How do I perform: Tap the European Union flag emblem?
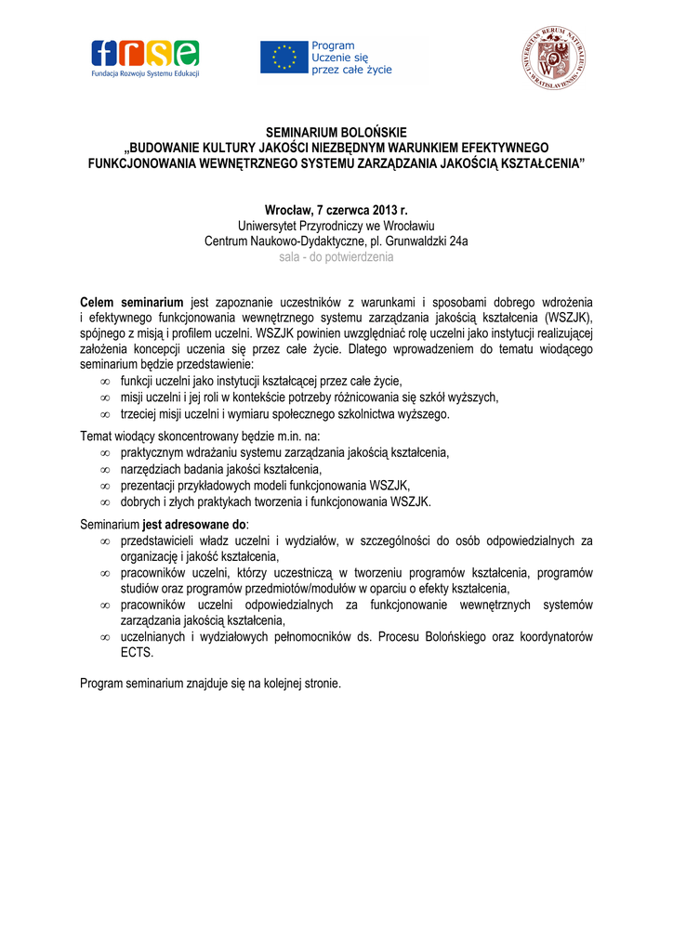click(x=284, y=58)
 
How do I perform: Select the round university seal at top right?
click(x=553, y=59)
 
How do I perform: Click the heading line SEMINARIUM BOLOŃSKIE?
click(x=336, y=133)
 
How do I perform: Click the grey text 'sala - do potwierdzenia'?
click(x=336, y=257)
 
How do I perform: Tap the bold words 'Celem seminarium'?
click(x=132, y=303)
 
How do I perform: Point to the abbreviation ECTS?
click(x=136, y=653)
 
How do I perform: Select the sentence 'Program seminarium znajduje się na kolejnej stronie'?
click(x=211, y=684)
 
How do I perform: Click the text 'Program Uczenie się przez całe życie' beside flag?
click(x=351, y=58)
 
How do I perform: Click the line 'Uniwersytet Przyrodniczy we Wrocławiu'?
click(x=336, y=226)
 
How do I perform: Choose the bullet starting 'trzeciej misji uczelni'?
click(x=284, y=414)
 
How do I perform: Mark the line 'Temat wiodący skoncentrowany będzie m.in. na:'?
click(x=200, y=436)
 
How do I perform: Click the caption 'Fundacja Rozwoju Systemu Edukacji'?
click(x=144, y=73)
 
